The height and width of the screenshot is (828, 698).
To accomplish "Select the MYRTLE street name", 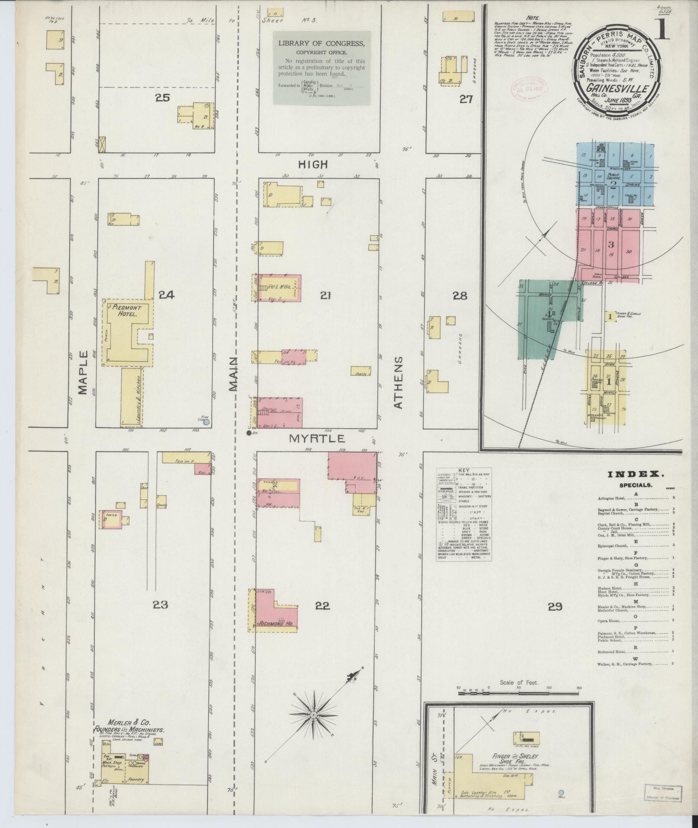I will pos(317,438).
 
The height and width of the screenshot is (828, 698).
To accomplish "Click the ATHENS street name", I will pos(398,382).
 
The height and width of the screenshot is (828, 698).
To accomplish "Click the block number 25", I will pos(163,98).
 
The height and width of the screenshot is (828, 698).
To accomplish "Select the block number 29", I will pos(555,606).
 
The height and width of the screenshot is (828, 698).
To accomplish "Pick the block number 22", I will pos(322,606).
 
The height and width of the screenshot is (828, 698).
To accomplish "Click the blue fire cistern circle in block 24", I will pos(206,421).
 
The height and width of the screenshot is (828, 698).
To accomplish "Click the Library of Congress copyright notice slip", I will pos(322,68).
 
